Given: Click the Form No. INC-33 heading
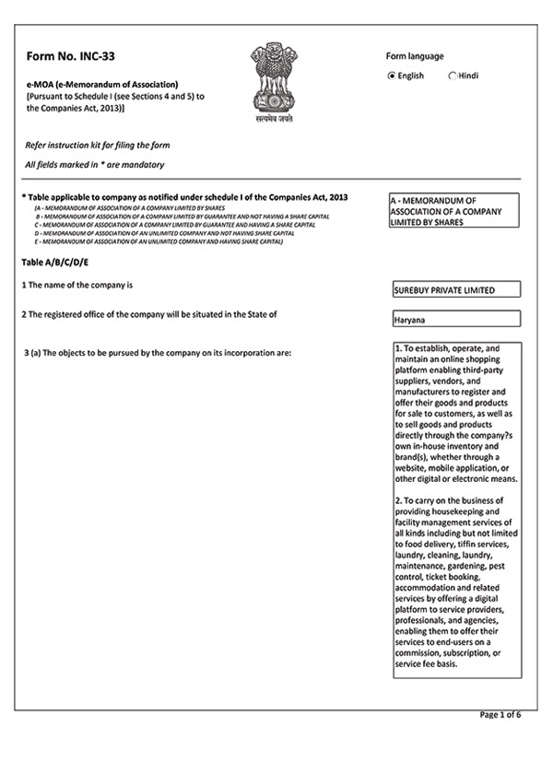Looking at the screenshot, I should tap(70, 56).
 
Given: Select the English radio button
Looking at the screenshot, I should tap(392, 76).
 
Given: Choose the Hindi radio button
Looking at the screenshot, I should tap(453, 76).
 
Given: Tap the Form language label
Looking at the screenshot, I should tap(419, 56).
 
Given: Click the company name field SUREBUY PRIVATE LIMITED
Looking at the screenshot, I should tap(455, 289).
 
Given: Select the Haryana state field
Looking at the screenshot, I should tap(455, 320).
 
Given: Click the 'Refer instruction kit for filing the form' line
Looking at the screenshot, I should tap(98, 146).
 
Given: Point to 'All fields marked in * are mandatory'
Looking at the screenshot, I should tap(95, 165).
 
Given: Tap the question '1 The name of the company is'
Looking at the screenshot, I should tap(79, 286).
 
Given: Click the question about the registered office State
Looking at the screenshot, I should tap(149, 314).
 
